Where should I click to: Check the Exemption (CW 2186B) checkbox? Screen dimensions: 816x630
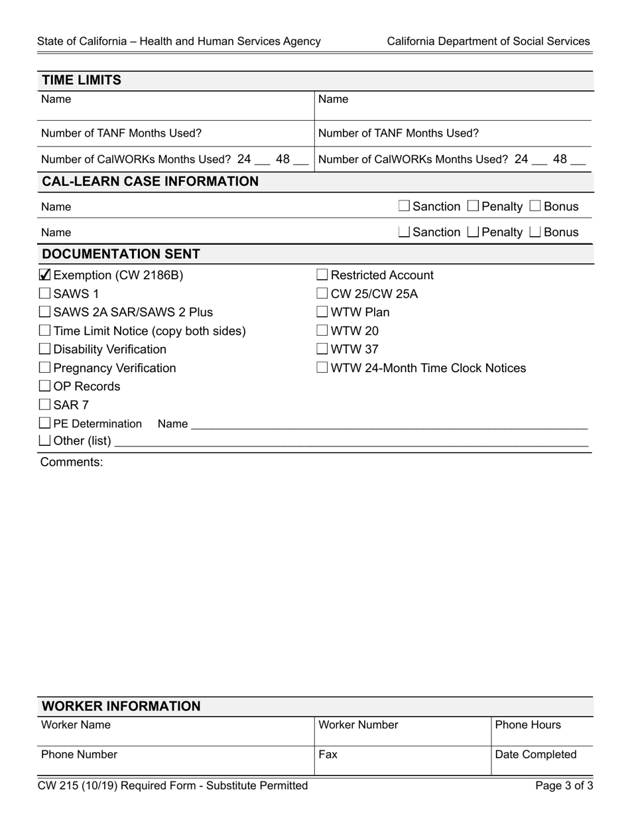click(45, 275)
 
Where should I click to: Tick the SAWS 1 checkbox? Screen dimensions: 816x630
click(45, 294)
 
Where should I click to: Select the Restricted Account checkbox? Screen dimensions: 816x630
click(322, 275)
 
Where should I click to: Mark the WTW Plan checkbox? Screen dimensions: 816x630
click(322, 312)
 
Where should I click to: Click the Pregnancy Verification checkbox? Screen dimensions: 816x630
click(45, 368)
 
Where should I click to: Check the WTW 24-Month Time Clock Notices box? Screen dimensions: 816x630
click(322, 368)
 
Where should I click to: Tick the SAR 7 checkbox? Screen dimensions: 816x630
click(45, 405)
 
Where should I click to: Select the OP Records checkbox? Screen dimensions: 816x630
click(45, 386)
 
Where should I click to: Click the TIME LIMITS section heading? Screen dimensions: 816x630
click(82, 80)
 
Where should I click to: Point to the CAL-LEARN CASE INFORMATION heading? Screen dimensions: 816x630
click(150, 182)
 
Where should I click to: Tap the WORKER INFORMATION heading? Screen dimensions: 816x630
click(121, 707)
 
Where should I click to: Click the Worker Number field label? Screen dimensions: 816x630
click(358, 725)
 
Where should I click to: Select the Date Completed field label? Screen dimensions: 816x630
click(536, 755)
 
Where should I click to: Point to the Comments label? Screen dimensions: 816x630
click(72, 462)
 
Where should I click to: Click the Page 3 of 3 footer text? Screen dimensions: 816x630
click(564, 786)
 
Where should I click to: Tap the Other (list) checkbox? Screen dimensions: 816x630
click(45, 441)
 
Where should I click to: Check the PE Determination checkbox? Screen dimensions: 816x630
click(45, 423)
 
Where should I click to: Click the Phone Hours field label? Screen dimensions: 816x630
click(528, 725)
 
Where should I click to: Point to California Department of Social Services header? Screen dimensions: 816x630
click(488, 41)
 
